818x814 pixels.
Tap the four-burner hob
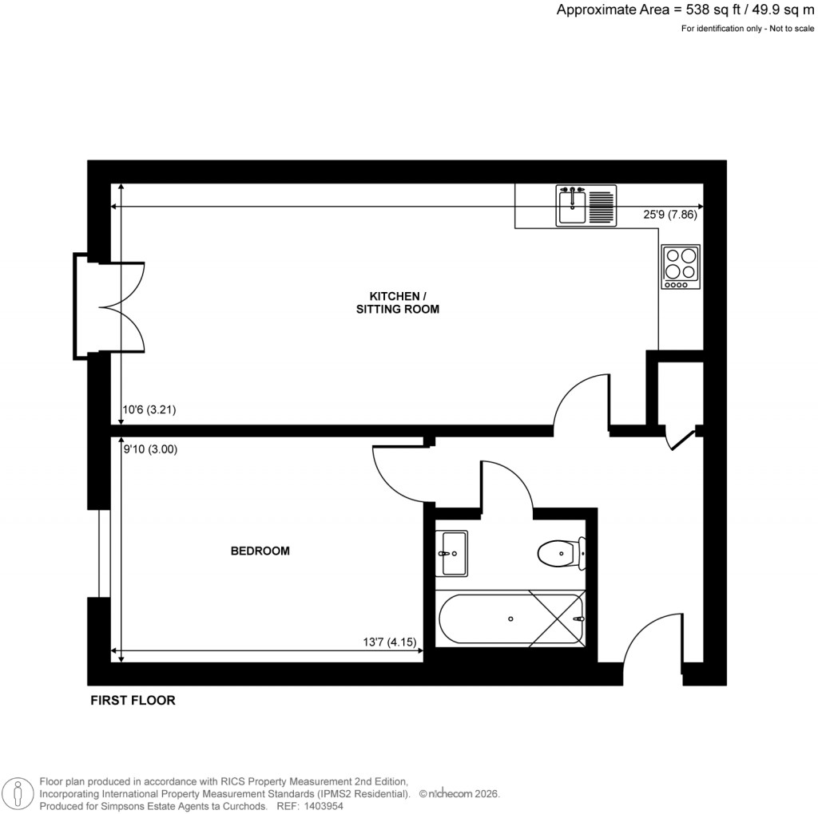coord(681,267)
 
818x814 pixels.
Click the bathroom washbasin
coord(452,552)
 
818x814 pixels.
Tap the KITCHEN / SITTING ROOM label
coord(397,302)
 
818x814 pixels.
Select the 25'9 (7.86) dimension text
coord(672,215)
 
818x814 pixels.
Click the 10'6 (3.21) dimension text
coord(149,410)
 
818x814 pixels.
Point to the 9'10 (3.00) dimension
coord(149,448)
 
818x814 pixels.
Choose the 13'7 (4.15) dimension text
coord(391,642)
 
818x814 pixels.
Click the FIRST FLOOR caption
coord(132,701)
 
